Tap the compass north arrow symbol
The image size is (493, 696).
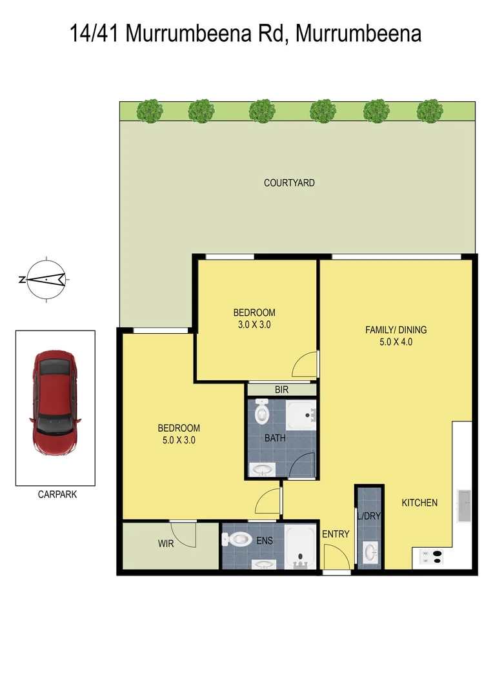pos(45,279)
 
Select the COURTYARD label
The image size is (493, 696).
pos(289,183)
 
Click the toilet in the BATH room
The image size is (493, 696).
pos(261,412)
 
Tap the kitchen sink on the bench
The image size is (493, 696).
pos(463,506)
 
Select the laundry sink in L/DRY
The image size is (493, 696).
pos(370,552)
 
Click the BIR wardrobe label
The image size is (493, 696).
pos(281,390)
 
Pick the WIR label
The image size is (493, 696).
pos(166,544)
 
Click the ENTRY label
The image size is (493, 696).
pos(336,534)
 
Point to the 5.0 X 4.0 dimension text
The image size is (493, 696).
pos(396,342)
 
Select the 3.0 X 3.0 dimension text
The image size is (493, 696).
pos(254,325)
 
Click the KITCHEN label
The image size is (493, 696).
pos(419,503)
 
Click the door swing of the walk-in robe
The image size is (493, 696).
pos(186,534)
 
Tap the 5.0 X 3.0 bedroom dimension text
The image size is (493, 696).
pos(179,441)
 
